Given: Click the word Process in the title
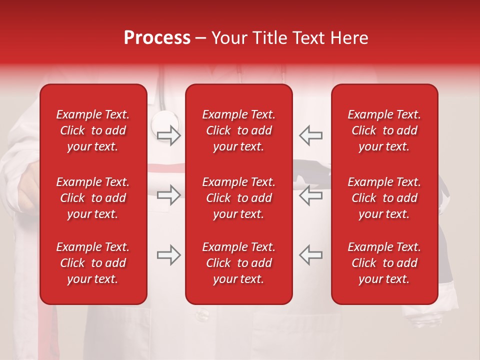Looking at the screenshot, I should (x=157, y=38).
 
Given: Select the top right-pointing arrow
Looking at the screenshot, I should (x=168, y=135).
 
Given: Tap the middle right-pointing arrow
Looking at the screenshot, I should (x=168, y=195).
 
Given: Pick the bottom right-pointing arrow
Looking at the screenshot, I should (x=168, y=255).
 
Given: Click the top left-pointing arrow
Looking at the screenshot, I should (x=310, y=135).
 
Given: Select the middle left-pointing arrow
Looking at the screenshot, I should (x=310, y=195).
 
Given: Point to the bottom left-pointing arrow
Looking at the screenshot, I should (x=310, y=255).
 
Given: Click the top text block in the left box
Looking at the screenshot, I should (x=93, y=130).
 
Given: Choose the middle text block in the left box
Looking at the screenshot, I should (x=93, y=198).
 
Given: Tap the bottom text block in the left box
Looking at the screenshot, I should (x=93, y=263).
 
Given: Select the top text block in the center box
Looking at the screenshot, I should (x=238, y=130).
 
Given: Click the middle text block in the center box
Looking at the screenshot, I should (x=238, y=198).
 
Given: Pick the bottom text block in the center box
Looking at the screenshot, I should (x=238, y=263).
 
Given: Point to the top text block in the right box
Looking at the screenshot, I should (x=384, y=130).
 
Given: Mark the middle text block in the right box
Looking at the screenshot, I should (x=384, y=198).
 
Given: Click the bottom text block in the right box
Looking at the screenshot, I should (x=384, y=263).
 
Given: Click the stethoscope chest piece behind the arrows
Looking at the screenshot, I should (x=164, y=121).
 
